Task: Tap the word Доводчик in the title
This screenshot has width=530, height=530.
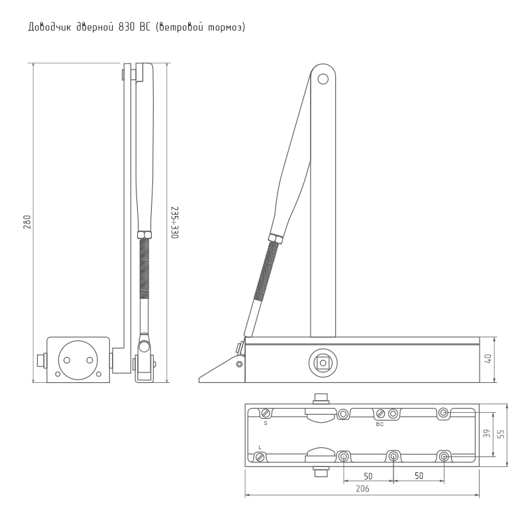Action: coord(50,27)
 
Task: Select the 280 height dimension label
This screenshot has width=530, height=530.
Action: coord(27,222)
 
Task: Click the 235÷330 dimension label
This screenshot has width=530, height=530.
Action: coord(174,223)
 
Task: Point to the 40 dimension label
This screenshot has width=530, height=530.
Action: coord(488,359)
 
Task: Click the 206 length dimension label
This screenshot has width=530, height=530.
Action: coord(362,488)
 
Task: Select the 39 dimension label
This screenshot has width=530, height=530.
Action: coord(487,434)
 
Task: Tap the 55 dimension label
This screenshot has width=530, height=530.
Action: coord(501,434)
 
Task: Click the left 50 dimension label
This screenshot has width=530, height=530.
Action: coord(368,476)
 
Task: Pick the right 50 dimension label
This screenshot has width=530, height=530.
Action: coord(419,476)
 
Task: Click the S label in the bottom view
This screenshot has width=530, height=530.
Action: coord(266,423)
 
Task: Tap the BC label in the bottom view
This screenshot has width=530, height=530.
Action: coord(380,424)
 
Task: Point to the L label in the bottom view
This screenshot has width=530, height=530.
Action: coord(260,448)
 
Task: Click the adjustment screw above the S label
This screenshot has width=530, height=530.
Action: coord(266,413)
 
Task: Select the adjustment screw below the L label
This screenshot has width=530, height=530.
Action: coord(260,458)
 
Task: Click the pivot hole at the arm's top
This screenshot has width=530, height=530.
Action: coord(323,79)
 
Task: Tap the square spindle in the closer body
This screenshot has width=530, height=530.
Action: coord(323,363)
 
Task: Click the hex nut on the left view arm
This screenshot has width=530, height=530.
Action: coord(144,235)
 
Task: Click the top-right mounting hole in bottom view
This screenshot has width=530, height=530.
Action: coord(444,413)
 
